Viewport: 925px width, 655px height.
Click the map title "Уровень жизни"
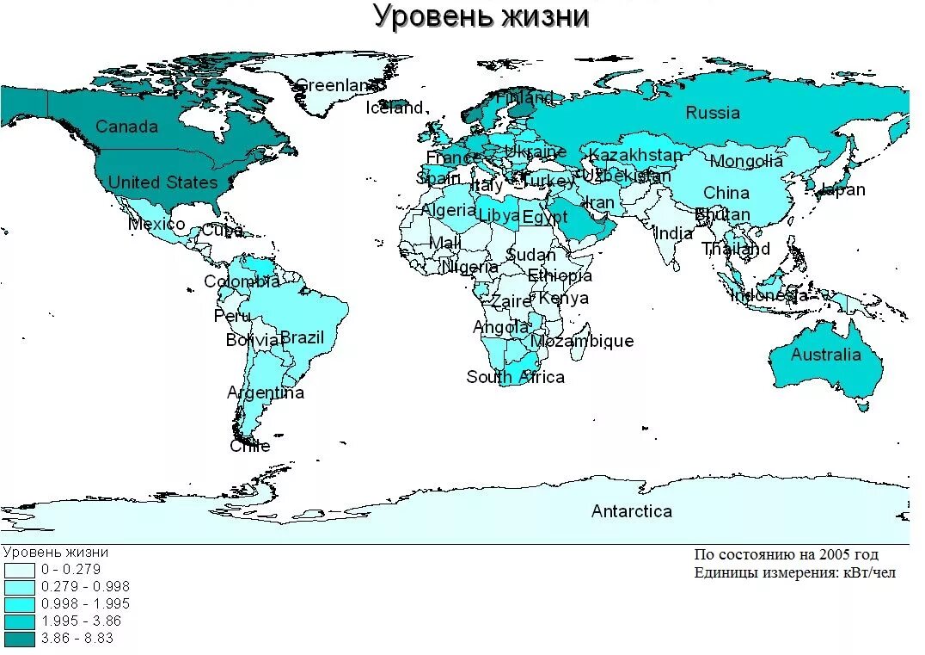click(x=481, y=16)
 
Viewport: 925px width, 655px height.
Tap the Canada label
click(x=126, y=127)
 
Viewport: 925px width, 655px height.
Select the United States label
click(x=162, y=182)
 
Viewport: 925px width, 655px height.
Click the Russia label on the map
click(x=712, y=112)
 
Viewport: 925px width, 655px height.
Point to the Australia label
click(x=825, y=355)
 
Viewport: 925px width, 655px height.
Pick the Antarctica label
click(x=631, y=511)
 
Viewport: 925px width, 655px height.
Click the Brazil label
click(x=302, y=337)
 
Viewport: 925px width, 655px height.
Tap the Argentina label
click(x=265, y=392)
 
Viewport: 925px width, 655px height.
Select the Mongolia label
click(x=746, y=161)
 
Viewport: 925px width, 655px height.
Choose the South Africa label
click(x=515, y=377)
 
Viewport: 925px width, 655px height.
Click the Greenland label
click(x=336, y=85)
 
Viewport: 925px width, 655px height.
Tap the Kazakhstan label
click(x=635, y=155)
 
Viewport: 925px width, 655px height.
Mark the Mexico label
click(x=156, y=225)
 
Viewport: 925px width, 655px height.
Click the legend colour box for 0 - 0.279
click(x=19, y=570)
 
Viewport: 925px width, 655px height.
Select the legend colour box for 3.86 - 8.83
click(x=19, y=639)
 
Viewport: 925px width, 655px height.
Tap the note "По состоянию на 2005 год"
click(x=786, y=555)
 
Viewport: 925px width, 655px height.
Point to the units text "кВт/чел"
click(x=865, y=573)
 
